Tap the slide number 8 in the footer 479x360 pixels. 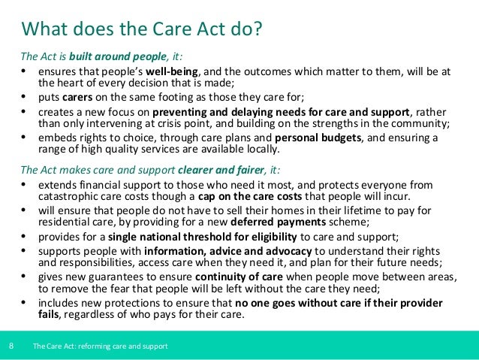click(11, 346)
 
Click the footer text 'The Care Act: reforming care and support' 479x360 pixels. click(100, 346)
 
